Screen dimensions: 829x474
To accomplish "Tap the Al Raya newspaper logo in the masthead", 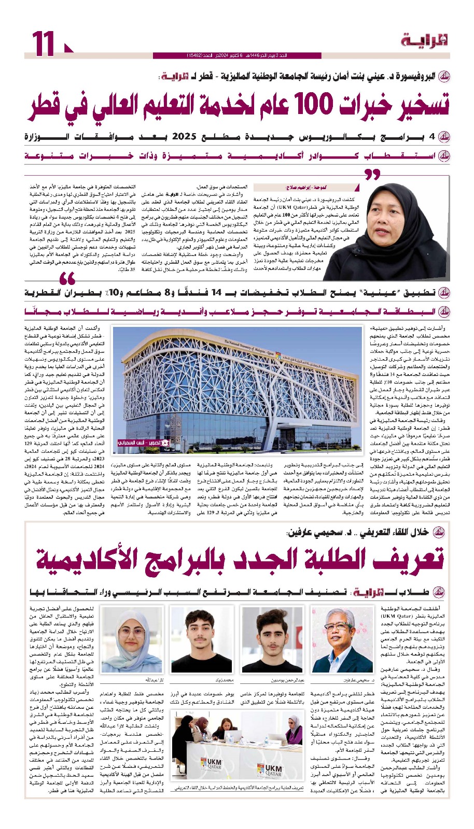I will [424, 40].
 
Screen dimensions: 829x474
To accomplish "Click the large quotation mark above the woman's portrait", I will [372, 174].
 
